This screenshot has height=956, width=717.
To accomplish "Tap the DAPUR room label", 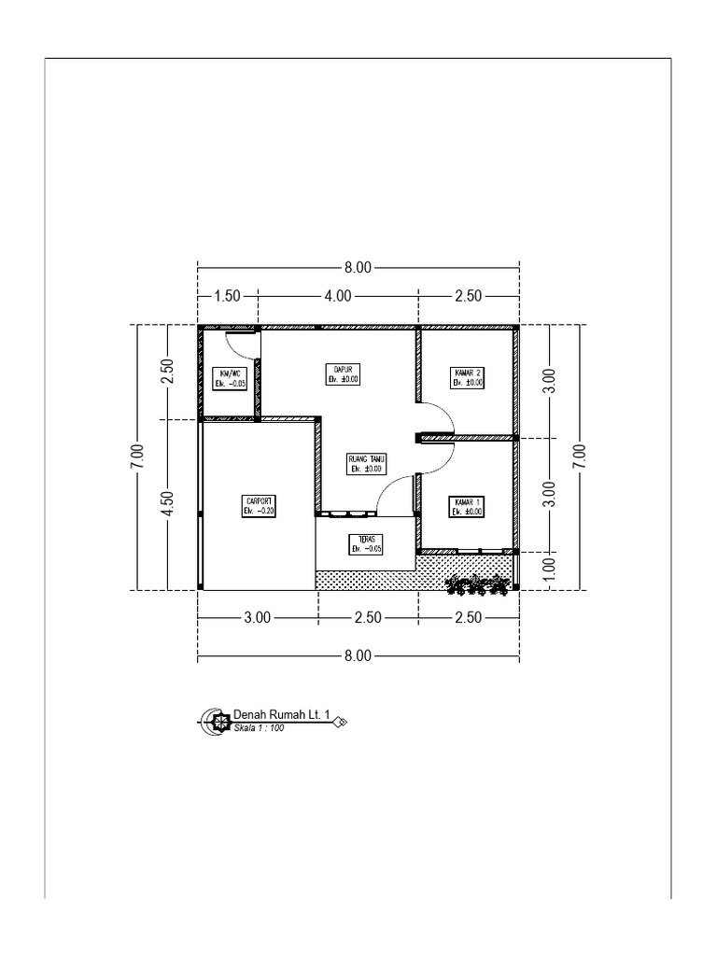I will point(343,369).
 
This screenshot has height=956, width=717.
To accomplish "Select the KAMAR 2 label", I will point(467,372).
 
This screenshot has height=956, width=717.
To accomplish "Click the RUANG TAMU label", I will point(368,458).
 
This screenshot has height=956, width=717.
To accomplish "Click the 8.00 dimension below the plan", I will point(358,656).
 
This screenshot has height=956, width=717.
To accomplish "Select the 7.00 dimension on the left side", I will point(137,457).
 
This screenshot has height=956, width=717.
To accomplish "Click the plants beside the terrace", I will point(478,585).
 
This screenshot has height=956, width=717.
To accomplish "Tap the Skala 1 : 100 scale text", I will point(259,727).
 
